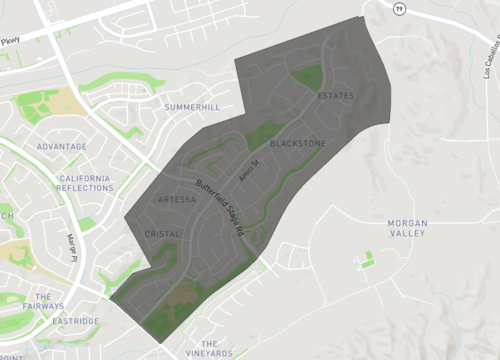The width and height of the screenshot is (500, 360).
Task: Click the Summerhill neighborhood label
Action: tap(192, 106)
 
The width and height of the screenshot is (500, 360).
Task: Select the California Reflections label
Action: tap(85, 183)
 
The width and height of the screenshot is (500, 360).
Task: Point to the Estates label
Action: tap(335, 96)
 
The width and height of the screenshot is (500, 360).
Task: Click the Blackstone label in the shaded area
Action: tap(297, 144)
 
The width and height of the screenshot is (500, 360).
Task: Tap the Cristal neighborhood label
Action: tap(162, 234)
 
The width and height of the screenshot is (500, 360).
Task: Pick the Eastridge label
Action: tap(75, 321)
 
